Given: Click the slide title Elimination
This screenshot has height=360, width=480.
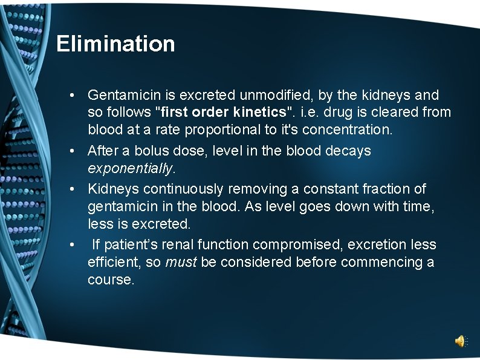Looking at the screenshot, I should (x=115, y=44).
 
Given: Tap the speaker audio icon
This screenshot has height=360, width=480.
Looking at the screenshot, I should (x=460, y=341).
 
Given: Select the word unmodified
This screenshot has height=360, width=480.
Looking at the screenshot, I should (x=271, y=95).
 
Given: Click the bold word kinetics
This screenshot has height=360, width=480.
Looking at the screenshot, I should (x=259, y=113).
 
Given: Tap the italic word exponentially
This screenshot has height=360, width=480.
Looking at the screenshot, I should (x=130, y=168).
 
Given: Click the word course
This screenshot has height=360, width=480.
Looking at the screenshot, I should (x=110, y=280).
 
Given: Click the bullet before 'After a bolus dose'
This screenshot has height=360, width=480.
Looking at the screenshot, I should (x=72, y=151).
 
